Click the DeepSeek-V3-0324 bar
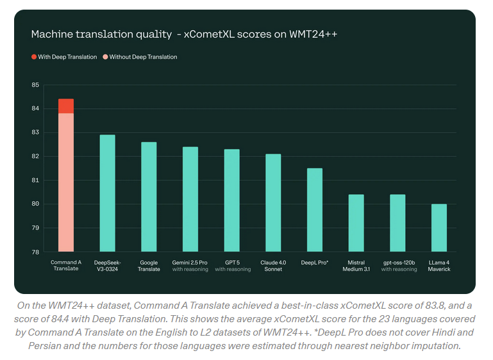tap(108, 193)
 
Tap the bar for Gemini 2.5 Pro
tap(190, 199)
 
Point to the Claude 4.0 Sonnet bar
tap(273, 202)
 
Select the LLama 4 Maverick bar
tap(439, 227)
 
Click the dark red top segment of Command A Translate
tap(66, 106)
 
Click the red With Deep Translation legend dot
tap(34, 57)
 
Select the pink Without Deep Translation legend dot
tap(105, 57)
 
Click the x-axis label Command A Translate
tap(66, 265)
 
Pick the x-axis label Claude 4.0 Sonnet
tap(273, 265)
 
